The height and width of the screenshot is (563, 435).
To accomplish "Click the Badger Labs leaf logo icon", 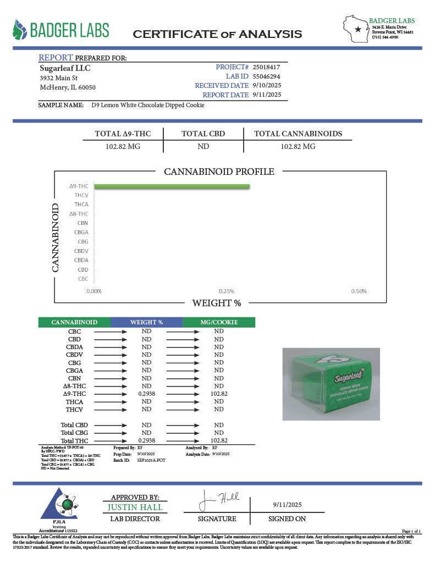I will click(x=20, y=30).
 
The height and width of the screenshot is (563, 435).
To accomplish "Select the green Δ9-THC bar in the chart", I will click(x=172, y=186).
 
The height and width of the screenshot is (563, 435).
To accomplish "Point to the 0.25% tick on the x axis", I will click(x=227, y=291).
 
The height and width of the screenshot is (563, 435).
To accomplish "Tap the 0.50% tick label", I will click(x=358, y=291).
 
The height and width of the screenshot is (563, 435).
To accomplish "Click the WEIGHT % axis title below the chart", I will click(x=216, y=303).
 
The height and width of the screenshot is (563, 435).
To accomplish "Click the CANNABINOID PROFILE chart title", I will click(x=219, y=172).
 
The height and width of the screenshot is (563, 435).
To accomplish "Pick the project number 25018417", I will click(x=267, y=67).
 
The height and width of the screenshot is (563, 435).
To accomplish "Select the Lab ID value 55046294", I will click(x=267, y=76).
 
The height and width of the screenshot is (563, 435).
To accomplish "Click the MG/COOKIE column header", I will click(x=219, y=322).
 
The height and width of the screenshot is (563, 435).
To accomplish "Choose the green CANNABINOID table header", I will click(x=74, y=322).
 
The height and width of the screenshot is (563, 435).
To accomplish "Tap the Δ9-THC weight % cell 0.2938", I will click(x=146, y=394).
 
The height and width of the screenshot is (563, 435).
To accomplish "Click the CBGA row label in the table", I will click(x=74, y=371).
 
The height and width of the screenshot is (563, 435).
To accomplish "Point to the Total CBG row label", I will click(x=74, y=433).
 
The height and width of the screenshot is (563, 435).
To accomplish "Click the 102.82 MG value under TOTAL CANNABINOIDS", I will click(x=298, y=147).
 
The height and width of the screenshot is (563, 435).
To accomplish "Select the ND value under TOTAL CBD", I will click(x=203, y=147).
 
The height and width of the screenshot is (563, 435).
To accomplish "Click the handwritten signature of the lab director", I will click(x=219, y=501).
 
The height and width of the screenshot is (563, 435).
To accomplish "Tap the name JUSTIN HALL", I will click(x=135, y=507).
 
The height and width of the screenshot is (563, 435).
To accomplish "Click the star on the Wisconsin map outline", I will click(x=358, y=29).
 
